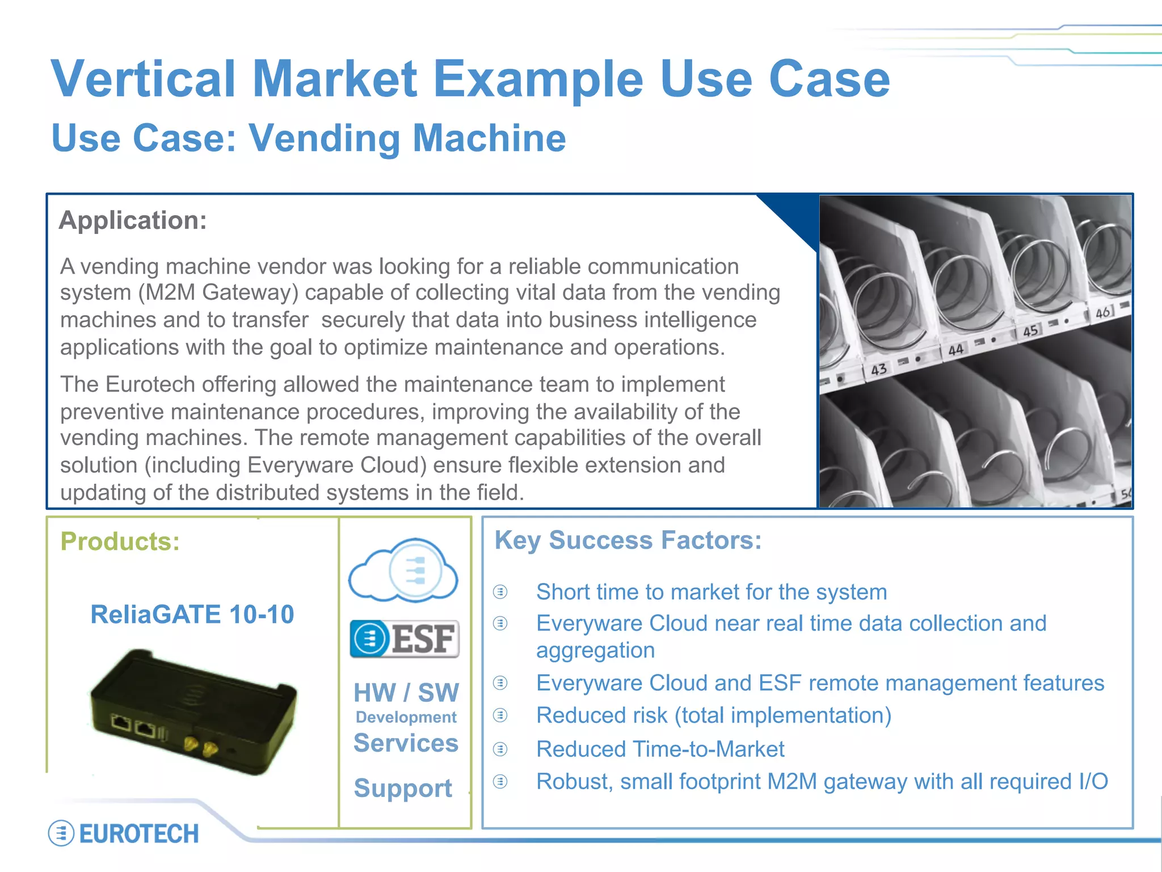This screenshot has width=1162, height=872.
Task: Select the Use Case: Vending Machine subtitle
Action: click(309, 138)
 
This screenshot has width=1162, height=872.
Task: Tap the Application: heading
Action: click(133, 220)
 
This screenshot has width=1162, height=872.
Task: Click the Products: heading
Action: click(120, 541)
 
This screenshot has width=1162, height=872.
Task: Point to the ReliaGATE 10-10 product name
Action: click(192, 614)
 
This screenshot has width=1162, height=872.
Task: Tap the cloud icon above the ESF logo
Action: click(403, 570)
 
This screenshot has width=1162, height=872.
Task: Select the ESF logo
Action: click(405, 639)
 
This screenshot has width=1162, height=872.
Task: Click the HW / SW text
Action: click(406, 693)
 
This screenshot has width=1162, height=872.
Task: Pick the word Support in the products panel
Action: click(403, 788)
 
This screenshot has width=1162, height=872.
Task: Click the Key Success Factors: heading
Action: click(628, 540)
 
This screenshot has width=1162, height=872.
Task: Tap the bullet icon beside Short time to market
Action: click(500, 592)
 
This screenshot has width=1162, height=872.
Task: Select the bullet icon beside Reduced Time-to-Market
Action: click(500, 749)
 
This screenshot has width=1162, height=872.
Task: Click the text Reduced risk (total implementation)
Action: click(714, 715)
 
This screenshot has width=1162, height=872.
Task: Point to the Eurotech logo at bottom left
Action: click(124, 833)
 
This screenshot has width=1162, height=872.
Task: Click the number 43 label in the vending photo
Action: click(878, 370)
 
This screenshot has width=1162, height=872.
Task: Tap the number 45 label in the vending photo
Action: click(1030, 330)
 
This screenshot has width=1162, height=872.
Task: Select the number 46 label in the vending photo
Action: click(1103, 312)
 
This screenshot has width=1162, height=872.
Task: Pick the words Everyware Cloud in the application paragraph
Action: click(336, 466)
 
